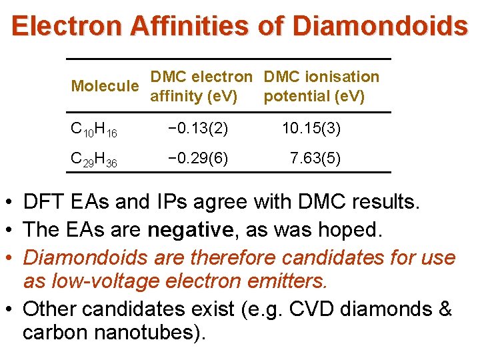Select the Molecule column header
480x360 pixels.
tap(105, 86)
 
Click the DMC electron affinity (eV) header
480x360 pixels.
tap(201, 86)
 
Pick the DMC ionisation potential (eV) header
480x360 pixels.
tap(321, 86)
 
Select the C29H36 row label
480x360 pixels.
tap(94, 160)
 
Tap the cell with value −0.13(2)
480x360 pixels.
tap(198, 128)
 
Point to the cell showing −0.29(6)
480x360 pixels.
tap(198, 159)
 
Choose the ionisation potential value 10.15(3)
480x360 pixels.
tap(311, 128)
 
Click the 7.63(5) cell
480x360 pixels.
tap(315, 159)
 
